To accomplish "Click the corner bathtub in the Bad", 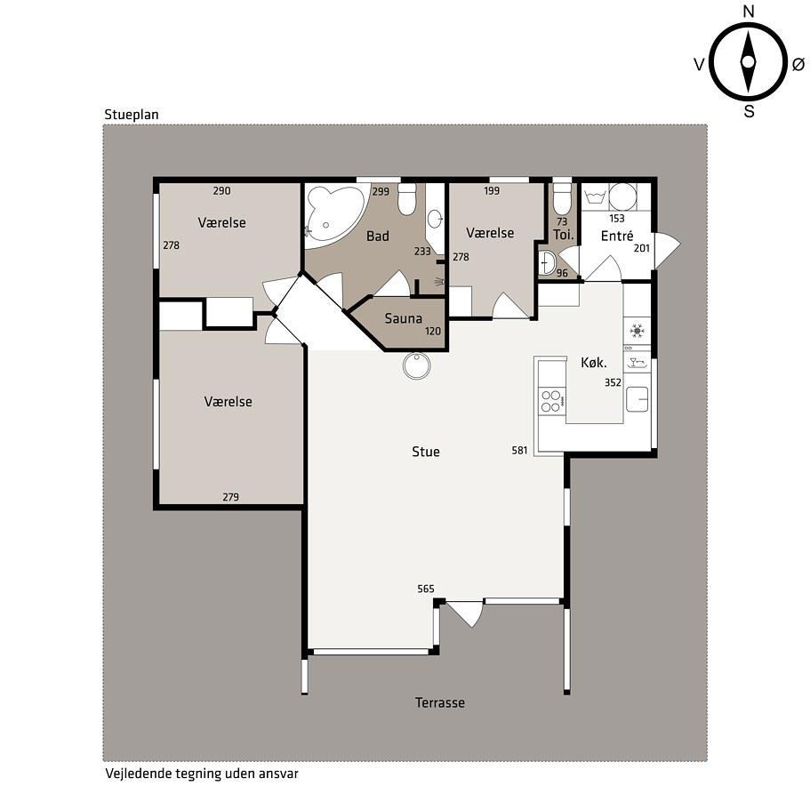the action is (x=334, y=215).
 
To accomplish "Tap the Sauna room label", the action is (x=403, y=318).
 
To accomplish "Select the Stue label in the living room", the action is (x=426, y=452).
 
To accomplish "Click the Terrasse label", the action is (x=439, y=702).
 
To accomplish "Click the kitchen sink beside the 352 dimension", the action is (x=637, y=399).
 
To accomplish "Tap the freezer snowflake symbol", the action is (x=637, y=331).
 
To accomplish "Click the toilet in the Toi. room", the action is (x=562, y=199).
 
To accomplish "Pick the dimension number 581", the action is (x=519, y=451).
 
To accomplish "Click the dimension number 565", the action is (x=426, y=589).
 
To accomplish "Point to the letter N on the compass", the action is (x=748, y=12).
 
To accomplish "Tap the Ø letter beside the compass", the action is (x=798, y=64).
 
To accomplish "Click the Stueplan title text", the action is (x=132, y=115).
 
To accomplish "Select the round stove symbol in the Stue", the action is (x=416, y=365).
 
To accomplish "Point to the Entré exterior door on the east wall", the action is (x=668, y=251).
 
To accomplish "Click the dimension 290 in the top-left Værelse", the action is (x=221, y=190).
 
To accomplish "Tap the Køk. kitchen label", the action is (x=594, y=363).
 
